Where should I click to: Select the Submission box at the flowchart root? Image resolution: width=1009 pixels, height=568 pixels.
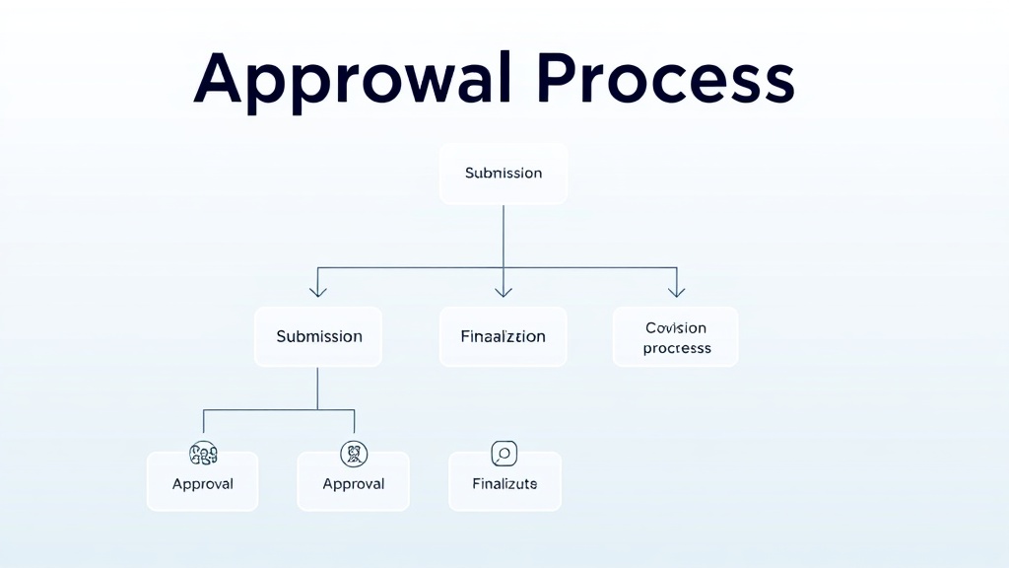(504, 174)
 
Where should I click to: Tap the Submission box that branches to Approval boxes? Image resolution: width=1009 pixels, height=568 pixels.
(318, 336)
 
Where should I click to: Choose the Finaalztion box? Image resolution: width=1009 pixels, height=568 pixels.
(503, 336)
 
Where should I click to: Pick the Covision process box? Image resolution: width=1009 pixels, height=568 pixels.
(676, 337)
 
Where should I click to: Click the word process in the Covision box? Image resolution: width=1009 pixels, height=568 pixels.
(676, 349)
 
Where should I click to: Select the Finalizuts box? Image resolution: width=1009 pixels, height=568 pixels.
(504, 482)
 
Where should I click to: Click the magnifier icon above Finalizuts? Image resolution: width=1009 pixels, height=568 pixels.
(504, 454)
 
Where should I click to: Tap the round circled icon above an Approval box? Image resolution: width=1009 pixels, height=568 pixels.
(353, 454)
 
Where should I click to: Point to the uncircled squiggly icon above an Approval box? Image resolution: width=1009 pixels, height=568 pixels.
(203, 455)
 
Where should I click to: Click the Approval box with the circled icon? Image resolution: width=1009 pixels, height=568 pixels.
(353, 482)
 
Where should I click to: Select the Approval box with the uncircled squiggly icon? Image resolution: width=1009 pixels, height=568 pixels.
(203, 482)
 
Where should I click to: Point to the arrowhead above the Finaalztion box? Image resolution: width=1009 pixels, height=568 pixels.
(504, 291)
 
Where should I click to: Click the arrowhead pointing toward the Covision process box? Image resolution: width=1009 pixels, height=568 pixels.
(676, 291)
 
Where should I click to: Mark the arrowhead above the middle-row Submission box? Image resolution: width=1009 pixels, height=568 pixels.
(317, 291)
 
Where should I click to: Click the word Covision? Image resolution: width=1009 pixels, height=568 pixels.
(676, 327)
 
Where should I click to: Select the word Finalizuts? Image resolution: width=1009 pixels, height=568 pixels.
(504, 484)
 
